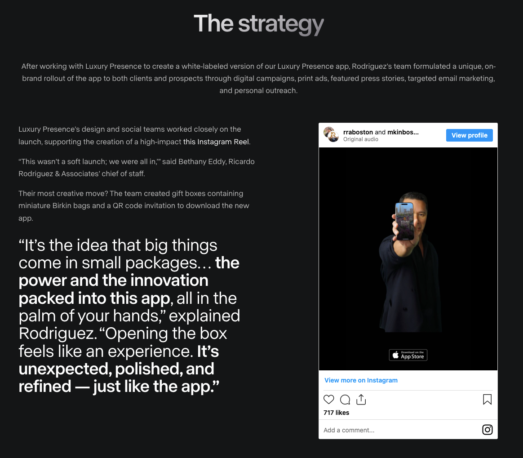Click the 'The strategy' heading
click(x=259, y=24)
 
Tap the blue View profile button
click(x=469, y=135)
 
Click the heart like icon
click(x=329, y=400)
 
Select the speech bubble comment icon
click(x=345, y=400)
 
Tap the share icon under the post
click(x=361, y=400)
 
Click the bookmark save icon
click(x=487, y=400)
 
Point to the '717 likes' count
click(x=336, y=413)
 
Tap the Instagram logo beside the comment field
click(x=487, y=430)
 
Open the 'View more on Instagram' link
click(x=361, y=380)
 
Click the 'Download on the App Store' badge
click(x=408, y=355)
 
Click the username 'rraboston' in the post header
click(x=358, y=132)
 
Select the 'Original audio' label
click(x=360, y=139)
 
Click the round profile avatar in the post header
click(x=331, y=134)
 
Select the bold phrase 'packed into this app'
click(x=94, y=298)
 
